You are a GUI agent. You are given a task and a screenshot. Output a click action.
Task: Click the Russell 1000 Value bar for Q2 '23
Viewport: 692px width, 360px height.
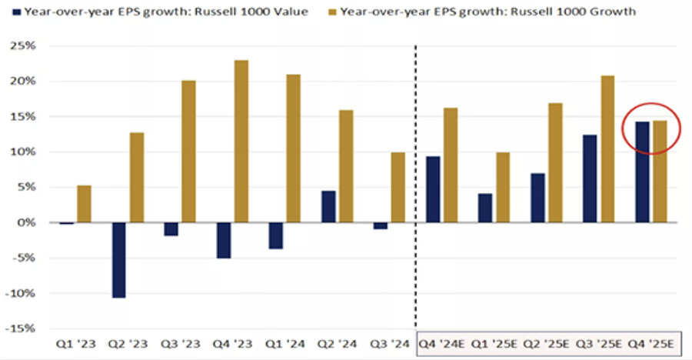point(119,260)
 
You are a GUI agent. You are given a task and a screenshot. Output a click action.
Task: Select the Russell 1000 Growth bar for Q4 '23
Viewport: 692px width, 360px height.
point(241,142)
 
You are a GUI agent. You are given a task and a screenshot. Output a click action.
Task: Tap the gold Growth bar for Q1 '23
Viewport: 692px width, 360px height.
point(85,204)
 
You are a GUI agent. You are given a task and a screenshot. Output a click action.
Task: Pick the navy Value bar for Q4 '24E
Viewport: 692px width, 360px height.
point(433,190)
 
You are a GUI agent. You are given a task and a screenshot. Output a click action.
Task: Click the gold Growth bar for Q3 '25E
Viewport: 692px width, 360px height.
point(607,149)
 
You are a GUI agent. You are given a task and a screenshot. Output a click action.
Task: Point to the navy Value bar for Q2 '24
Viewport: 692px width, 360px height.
point(328,207)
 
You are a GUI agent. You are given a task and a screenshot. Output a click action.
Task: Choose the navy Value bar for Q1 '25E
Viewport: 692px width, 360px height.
point(484,208)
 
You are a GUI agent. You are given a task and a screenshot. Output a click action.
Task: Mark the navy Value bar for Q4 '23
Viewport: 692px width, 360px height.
point(224,240)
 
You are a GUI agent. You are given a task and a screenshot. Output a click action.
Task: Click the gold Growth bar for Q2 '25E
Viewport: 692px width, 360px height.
point(555,163)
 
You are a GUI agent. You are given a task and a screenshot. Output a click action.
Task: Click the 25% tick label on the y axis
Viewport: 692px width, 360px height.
point(22,46)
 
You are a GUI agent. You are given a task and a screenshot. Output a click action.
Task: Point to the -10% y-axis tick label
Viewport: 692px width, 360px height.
point(20,293)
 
